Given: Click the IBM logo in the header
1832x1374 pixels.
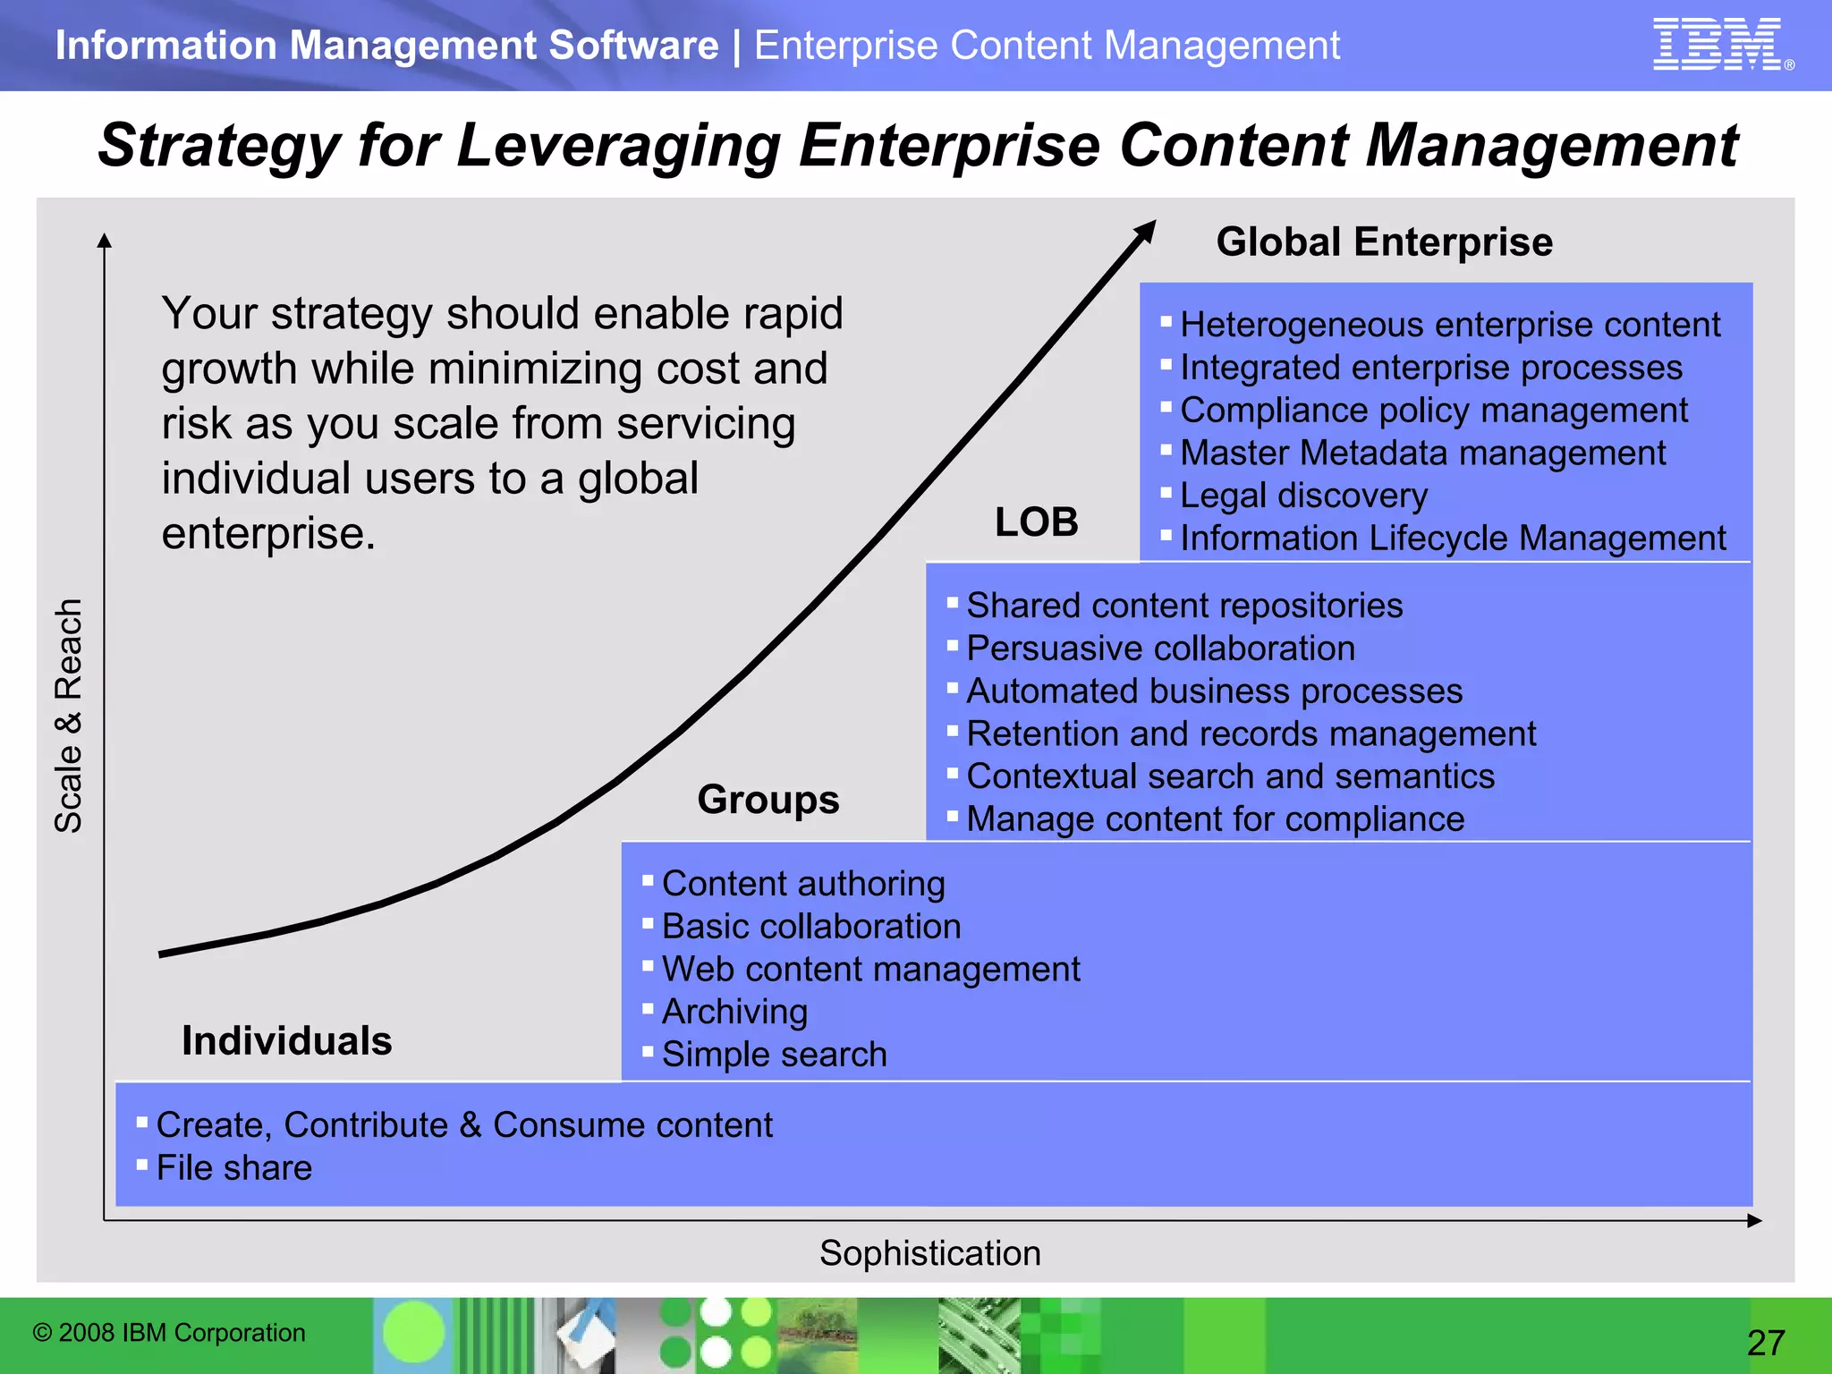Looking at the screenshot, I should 1718,44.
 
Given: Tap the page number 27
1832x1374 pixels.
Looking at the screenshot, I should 1766,1343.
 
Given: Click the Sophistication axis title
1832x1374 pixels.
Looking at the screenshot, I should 929,1253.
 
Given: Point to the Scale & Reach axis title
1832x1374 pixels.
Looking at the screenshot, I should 69,716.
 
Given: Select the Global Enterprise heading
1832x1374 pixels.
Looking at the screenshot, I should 1384,242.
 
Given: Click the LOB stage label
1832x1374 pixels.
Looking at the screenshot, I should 1036,522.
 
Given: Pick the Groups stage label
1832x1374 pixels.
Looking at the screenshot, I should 768,800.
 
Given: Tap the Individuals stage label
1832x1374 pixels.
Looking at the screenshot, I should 287,1041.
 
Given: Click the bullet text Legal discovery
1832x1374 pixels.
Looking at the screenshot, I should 1303,496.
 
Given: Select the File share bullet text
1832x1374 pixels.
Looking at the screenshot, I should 234,1168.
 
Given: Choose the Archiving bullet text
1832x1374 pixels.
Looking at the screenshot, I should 734,1012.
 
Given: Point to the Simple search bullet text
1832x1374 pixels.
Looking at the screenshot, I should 774,1055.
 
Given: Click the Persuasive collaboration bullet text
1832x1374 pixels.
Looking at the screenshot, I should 1160,649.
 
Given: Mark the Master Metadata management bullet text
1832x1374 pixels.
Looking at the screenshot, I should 1422,453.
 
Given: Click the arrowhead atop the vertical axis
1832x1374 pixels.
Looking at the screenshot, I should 105,240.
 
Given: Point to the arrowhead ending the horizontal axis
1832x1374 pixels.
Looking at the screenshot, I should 1754,1220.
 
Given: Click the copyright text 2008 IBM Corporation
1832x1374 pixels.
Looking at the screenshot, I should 169,1333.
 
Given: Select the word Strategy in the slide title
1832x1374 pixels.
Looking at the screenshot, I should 218,146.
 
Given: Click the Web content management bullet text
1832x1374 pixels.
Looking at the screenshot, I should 870,970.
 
